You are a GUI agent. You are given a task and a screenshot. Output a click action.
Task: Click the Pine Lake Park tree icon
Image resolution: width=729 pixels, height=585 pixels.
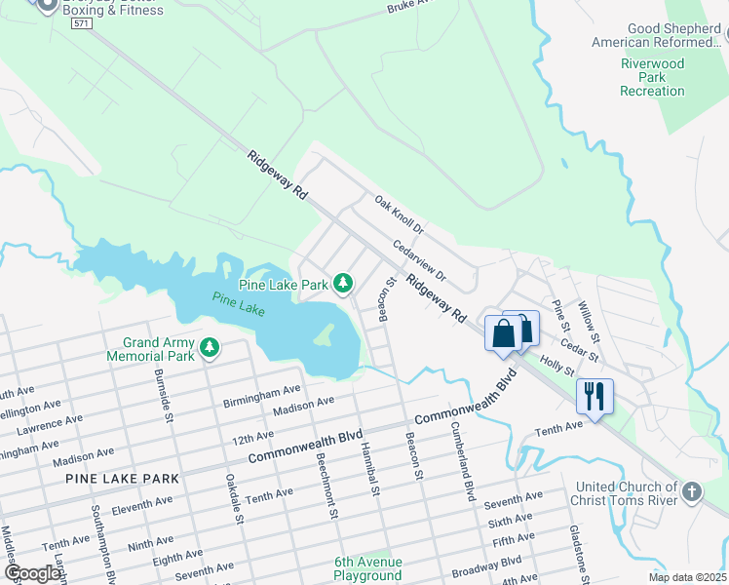pos(342,284)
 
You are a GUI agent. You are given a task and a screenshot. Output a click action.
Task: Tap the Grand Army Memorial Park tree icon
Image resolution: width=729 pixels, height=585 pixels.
pos(209,348)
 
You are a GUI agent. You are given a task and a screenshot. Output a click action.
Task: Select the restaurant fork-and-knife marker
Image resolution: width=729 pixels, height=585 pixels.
pos(595,395)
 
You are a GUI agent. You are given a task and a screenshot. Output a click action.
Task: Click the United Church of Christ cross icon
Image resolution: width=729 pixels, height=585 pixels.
pos(692,491)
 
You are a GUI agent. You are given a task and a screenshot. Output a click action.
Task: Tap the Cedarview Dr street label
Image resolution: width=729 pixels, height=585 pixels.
pos(419,260)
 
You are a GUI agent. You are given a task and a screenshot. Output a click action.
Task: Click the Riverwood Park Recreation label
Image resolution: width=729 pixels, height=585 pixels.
pos(653,77)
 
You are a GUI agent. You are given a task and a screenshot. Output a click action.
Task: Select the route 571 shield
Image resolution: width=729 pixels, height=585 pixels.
pos(85,25)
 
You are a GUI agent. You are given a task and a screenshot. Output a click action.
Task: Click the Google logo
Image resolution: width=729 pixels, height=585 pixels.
pos(32,573)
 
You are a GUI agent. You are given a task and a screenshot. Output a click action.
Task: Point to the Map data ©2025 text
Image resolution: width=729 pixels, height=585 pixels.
pos(687,577)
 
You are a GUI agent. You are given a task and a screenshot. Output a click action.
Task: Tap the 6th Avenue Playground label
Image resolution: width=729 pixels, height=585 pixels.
pos(367,568)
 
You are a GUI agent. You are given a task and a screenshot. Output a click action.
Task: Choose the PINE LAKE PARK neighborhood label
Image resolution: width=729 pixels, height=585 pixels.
pos(123,479)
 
